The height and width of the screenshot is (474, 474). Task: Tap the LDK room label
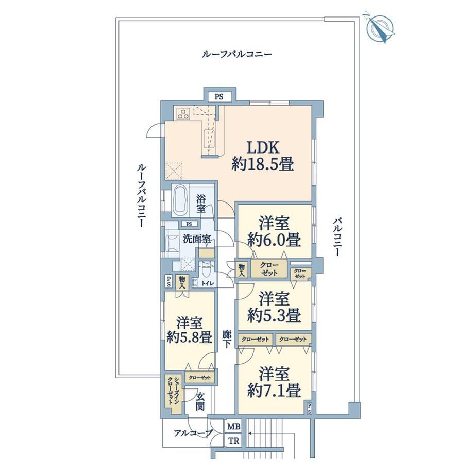[x=263, y=156]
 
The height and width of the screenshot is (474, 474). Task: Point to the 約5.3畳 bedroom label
[x=274, y=307]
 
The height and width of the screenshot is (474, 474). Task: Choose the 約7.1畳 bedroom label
[x=274, y=382]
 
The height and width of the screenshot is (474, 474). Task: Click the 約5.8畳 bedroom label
[x=190, y=330]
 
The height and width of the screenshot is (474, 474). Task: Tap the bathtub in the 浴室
[x=180, y=199]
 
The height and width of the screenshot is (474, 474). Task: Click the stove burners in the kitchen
[x=183, y=113]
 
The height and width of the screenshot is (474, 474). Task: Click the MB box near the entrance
[x=234, y=427]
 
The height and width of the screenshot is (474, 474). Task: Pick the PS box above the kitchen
[x=219, y=97]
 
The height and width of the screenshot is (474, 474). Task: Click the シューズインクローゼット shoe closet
[x=174, y=394]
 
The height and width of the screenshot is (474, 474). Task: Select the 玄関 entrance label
[x=200, y=401]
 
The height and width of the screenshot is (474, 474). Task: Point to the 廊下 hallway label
[x=227, y=338]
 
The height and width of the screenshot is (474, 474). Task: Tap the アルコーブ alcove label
[x=193, y=434]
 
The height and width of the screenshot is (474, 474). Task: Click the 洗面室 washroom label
[x=197, y=239]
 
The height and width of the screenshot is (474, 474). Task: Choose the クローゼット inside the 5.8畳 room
[x=199, y=377]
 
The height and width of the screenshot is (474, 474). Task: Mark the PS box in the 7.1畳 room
[x=309, y=409]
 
